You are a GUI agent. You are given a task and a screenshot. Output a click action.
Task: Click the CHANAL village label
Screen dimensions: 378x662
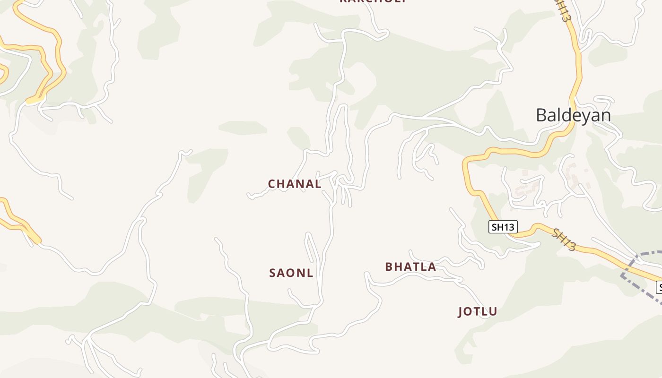click(x=295, y=184)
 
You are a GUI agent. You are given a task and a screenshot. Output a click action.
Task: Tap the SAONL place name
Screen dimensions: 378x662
click(x=291, y=273)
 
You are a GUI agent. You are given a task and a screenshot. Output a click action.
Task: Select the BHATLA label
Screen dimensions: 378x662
click(x=410, y=267)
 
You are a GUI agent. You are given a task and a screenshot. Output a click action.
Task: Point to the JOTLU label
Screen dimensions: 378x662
click(x=478, y=311)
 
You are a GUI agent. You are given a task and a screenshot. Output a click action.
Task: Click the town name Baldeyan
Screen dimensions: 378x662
click(x=573, y=115)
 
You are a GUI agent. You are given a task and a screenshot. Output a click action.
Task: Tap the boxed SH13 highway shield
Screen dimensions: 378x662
click(x=503, y=227)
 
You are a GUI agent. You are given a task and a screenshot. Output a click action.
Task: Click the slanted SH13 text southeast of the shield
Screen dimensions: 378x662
click(x=564, y=240)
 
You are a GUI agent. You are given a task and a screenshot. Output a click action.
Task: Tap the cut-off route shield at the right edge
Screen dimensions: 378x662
click(x=659, y=287)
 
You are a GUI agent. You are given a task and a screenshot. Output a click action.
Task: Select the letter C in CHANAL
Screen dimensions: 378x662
click(x=272, y=184)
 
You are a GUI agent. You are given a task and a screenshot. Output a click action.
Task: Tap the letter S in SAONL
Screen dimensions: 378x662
click(x=272, y=273)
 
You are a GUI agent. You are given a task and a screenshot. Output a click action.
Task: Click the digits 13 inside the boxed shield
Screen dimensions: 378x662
click(x=508, y=227)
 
